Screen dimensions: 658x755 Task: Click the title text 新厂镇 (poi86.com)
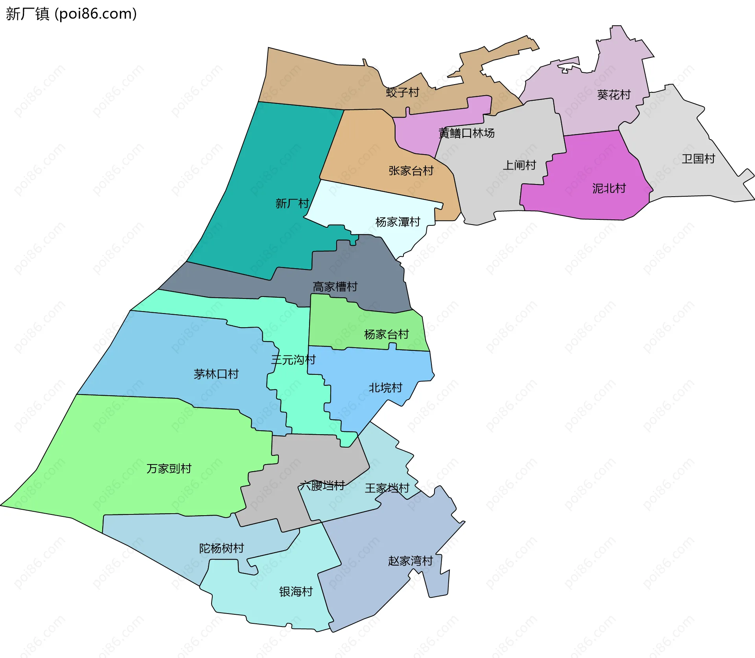[x=71, y=14]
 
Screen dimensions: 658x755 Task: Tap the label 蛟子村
[x=402, y=92]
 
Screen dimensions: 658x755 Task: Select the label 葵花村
[x=613, y=95]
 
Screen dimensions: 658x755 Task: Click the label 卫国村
[x=698, y=159]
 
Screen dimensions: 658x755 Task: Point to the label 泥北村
[x=609, y=188]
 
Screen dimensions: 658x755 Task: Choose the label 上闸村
[x=519, y=165]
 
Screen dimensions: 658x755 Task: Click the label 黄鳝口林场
[x=466, y=133]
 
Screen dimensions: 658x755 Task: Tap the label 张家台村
[x=411, y=171]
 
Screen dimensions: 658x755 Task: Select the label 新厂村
[x=292, y=203]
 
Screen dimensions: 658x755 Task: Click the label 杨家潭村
[x=398, y=222]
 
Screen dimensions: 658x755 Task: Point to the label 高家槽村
[x=335, y=287]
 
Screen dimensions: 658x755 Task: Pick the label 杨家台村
[x=386, y=334]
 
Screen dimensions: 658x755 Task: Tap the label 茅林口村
[x=216, y=374]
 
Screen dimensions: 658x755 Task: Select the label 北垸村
[x=385, y=388]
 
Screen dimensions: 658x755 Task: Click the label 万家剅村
[x=169, y=468]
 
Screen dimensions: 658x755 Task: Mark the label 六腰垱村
[x=322, y=485]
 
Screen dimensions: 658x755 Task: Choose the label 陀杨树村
[x=221, y=548]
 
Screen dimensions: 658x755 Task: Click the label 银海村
[x=296, y=592]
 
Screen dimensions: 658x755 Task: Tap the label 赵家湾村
[x=410, y=560]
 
